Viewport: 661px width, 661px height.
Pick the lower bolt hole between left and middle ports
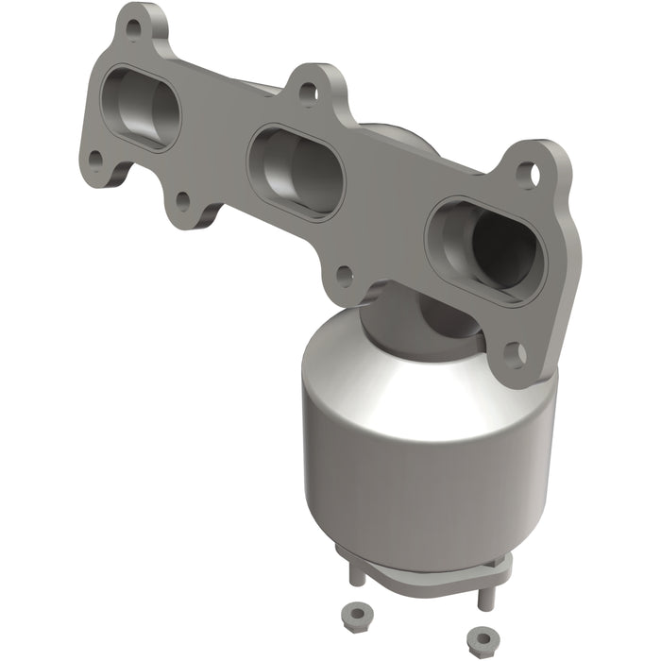coord(181,199)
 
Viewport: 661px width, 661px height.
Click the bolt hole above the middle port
coord(306,92)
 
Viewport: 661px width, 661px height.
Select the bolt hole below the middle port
coord(345,275)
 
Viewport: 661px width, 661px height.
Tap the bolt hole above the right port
coord(528,174)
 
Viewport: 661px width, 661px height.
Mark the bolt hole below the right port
coord(515,353)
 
